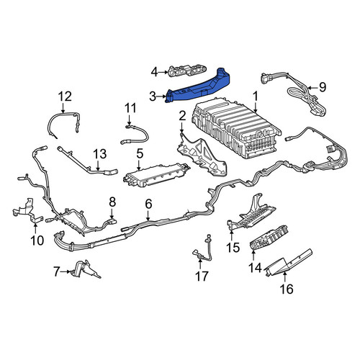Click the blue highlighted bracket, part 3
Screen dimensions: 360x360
[x=197, y=89]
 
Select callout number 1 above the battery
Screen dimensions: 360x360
[x=256, y=96]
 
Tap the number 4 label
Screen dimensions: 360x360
[x=155, y=72]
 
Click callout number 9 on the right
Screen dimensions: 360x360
[x=323, y=87]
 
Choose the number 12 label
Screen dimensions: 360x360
[x=65, y=96]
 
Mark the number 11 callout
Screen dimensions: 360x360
[x=130, y=109]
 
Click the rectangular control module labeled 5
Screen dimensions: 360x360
[x=156, y=175]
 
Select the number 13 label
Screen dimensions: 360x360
[x=100, y=154]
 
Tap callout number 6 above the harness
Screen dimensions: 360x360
[x=148, y=204]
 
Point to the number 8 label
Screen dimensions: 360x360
[x=112, y=202]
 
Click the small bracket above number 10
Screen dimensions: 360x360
[x=27, y=211]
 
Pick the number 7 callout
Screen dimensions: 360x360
[x=56, y=272]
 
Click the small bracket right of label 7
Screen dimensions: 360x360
[x=85, y=269]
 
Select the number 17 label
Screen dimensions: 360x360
[x=202, y=276]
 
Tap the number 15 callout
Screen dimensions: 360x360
[x=233, y=247]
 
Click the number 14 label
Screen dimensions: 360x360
[x=255, y=268]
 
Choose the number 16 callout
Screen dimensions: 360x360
[x=287, y=289]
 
